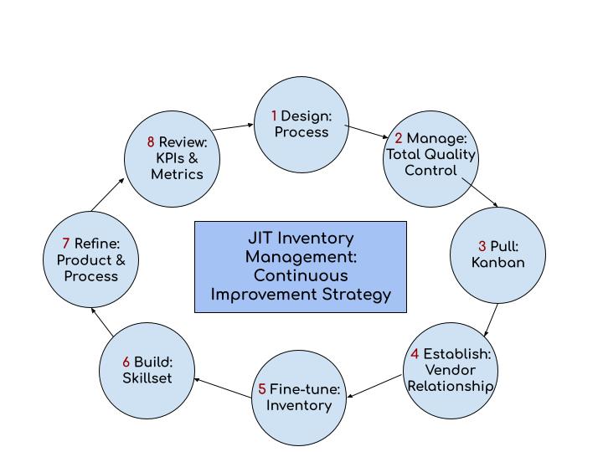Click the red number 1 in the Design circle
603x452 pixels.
(x=274, y=116)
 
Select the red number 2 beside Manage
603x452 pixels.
(x=399, y=139)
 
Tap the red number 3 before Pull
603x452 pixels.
(x=482, y=246)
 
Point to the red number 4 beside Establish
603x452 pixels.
(x=415, y=354)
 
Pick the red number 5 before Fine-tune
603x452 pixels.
(x=262, y=389)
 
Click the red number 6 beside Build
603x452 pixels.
(x=126, y=362)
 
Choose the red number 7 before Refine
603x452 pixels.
(x=66, y=244)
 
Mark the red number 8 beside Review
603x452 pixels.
(x=151, y=142)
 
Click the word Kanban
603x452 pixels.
(x=497, y=262)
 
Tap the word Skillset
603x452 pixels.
(x=147, y=378)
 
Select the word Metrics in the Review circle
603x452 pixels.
(x=177, y=174)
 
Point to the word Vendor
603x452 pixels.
(x=450, y=370)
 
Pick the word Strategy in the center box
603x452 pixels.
(x=357, y=294)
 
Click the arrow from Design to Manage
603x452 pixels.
(x=365, y=132)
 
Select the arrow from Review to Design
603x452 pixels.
(x=232, y=127)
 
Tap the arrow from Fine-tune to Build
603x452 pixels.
(x=224, y=387)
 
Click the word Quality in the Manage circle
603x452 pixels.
(x=450, y=154)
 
